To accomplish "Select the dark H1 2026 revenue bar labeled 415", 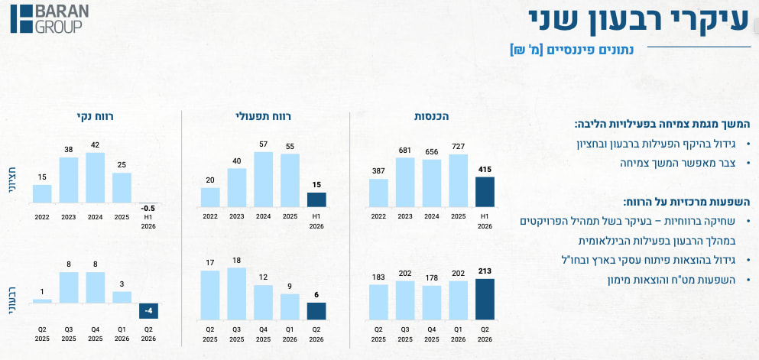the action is tap(485, 192).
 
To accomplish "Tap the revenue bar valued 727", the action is tap(459, 181).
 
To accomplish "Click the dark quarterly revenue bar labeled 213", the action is tap(485, 299).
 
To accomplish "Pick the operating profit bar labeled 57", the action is tap(264, 180).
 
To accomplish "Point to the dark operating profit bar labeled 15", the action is tap(316, 199).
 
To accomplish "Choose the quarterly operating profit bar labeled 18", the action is tap(237, 294).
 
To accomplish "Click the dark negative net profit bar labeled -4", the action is tap(148, 310).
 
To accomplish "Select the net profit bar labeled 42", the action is tap(96, 177).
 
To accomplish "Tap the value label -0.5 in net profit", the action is tap(148, 209).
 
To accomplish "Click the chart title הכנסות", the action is tap(432, 117).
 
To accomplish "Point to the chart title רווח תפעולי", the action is tap(264, 117).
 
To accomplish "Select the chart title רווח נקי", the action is tap(95, 117).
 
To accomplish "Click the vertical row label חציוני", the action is tap(12, 180).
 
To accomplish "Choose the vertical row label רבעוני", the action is tap(12, 300).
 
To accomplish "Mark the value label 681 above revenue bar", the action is tap(405, 151).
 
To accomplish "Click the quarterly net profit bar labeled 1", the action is tap(42, 301).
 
